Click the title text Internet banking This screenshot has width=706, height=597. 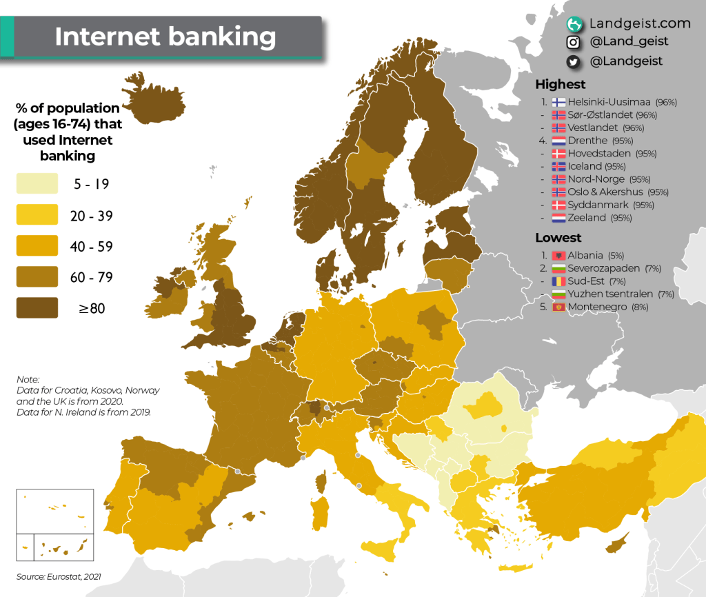click(165, 37)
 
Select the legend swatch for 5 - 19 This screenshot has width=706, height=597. click(37, 184)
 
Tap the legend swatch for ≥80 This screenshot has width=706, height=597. click(37, 307)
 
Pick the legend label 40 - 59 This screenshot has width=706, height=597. click(91, 247)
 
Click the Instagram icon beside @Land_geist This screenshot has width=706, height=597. click(572, 42)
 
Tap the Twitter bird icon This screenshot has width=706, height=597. click(572, 61)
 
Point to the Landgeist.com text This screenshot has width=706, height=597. click(639, 23)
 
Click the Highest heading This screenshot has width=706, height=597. click(561, 84)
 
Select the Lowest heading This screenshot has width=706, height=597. click(558, 238)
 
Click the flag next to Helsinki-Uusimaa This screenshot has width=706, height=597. click(558, 102)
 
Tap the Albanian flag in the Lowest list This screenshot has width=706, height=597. click(558, 256)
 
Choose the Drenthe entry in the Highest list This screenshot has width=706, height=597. click(587, 141)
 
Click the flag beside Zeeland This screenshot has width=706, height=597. click(558, 218)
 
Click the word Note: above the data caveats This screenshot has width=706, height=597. click(28, 379)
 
